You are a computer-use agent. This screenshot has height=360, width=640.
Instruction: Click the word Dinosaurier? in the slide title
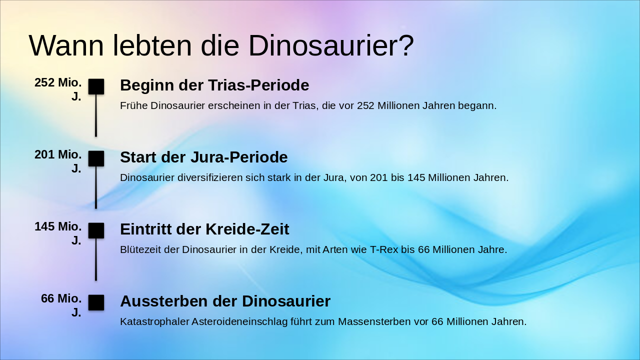click(331, 46)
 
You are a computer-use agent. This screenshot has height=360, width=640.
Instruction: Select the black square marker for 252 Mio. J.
click(96, 86)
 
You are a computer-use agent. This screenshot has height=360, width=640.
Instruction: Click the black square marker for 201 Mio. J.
click(96, 158)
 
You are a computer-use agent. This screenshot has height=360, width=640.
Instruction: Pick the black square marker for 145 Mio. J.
click(96, 230)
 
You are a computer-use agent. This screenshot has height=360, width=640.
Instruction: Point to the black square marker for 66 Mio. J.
click(96, 302)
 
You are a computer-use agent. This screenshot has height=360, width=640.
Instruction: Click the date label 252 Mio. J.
click(58, 89)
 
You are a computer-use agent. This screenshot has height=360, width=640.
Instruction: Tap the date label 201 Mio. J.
click(58, 161)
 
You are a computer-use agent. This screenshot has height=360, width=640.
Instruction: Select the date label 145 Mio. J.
click(58, 233)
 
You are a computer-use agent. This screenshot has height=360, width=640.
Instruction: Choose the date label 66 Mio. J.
click(61, 305)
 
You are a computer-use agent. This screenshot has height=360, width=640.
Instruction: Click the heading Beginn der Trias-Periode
click(214, 85)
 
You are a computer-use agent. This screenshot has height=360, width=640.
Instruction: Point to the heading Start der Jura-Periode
click(203, 157)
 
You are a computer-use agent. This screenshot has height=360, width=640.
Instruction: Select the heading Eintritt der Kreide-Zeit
click(204, 229)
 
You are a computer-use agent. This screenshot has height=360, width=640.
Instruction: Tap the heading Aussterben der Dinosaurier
click(225, 301)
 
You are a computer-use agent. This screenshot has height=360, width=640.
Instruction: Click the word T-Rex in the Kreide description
click(383, 249)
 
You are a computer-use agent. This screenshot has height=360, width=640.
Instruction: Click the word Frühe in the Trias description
click(133, 105)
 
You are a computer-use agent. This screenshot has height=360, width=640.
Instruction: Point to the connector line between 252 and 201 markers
click(96, 115)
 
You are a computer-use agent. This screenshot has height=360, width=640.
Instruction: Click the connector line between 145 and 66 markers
click(96, 259)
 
